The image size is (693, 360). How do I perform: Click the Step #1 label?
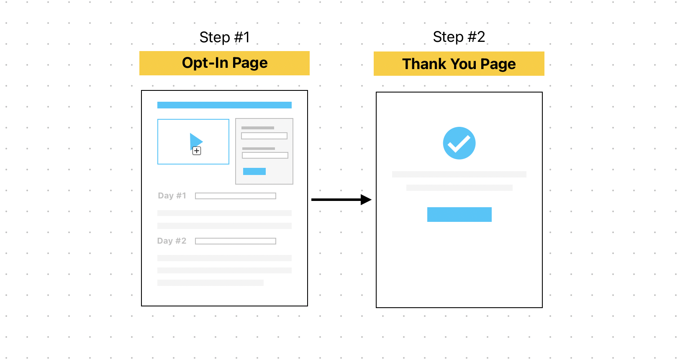pyautogui.click(x=224, y=37)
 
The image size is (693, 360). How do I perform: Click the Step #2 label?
pyautogui.click(x=459, y=37)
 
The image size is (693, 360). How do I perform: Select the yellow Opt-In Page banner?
pyautogui.click(x=224, y=63)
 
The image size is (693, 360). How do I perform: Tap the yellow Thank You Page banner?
pyautogui.click(x=459, y=64)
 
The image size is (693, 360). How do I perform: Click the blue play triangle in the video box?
pyautogui.click(x=195, y=141)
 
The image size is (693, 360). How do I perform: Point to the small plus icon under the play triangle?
pyautogui.click(x=197, y=151)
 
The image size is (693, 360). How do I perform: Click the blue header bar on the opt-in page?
pyautogui.click(x=224, y=105)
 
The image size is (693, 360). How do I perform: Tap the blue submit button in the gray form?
pyautogui.click(x=254, y=172)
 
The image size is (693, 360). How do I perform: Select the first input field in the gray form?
pyautogui.click(x=264, y=136)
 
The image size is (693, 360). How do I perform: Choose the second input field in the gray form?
pyautogui.click(x=265, y=155)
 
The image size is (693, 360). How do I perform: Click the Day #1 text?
pyautogui.click(x=172, y=195)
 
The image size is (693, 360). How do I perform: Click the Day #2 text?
pyautogui.click(x=172, y=241)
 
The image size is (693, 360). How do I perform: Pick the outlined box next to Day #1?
pyautogui.click(x=236, y=196)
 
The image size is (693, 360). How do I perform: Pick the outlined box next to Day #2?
pyautogui.click(x=236, y=241)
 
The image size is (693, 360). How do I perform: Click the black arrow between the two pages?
pyautogui.click(x=341, y=200)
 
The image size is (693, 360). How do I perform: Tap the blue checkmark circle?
pyautogui.click(x=459, y=143)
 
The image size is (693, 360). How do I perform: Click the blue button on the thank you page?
pyautogui.click(x=459, y=214)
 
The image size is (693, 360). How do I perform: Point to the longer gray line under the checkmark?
pyautogui.click(x=459, y=174)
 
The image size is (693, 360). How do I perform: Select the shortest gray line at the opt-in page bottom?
pyautogui.click(x=210, y=283)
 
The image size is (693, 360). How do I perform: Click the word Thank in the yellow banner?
pyautogui.click(x=424, y=64)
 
